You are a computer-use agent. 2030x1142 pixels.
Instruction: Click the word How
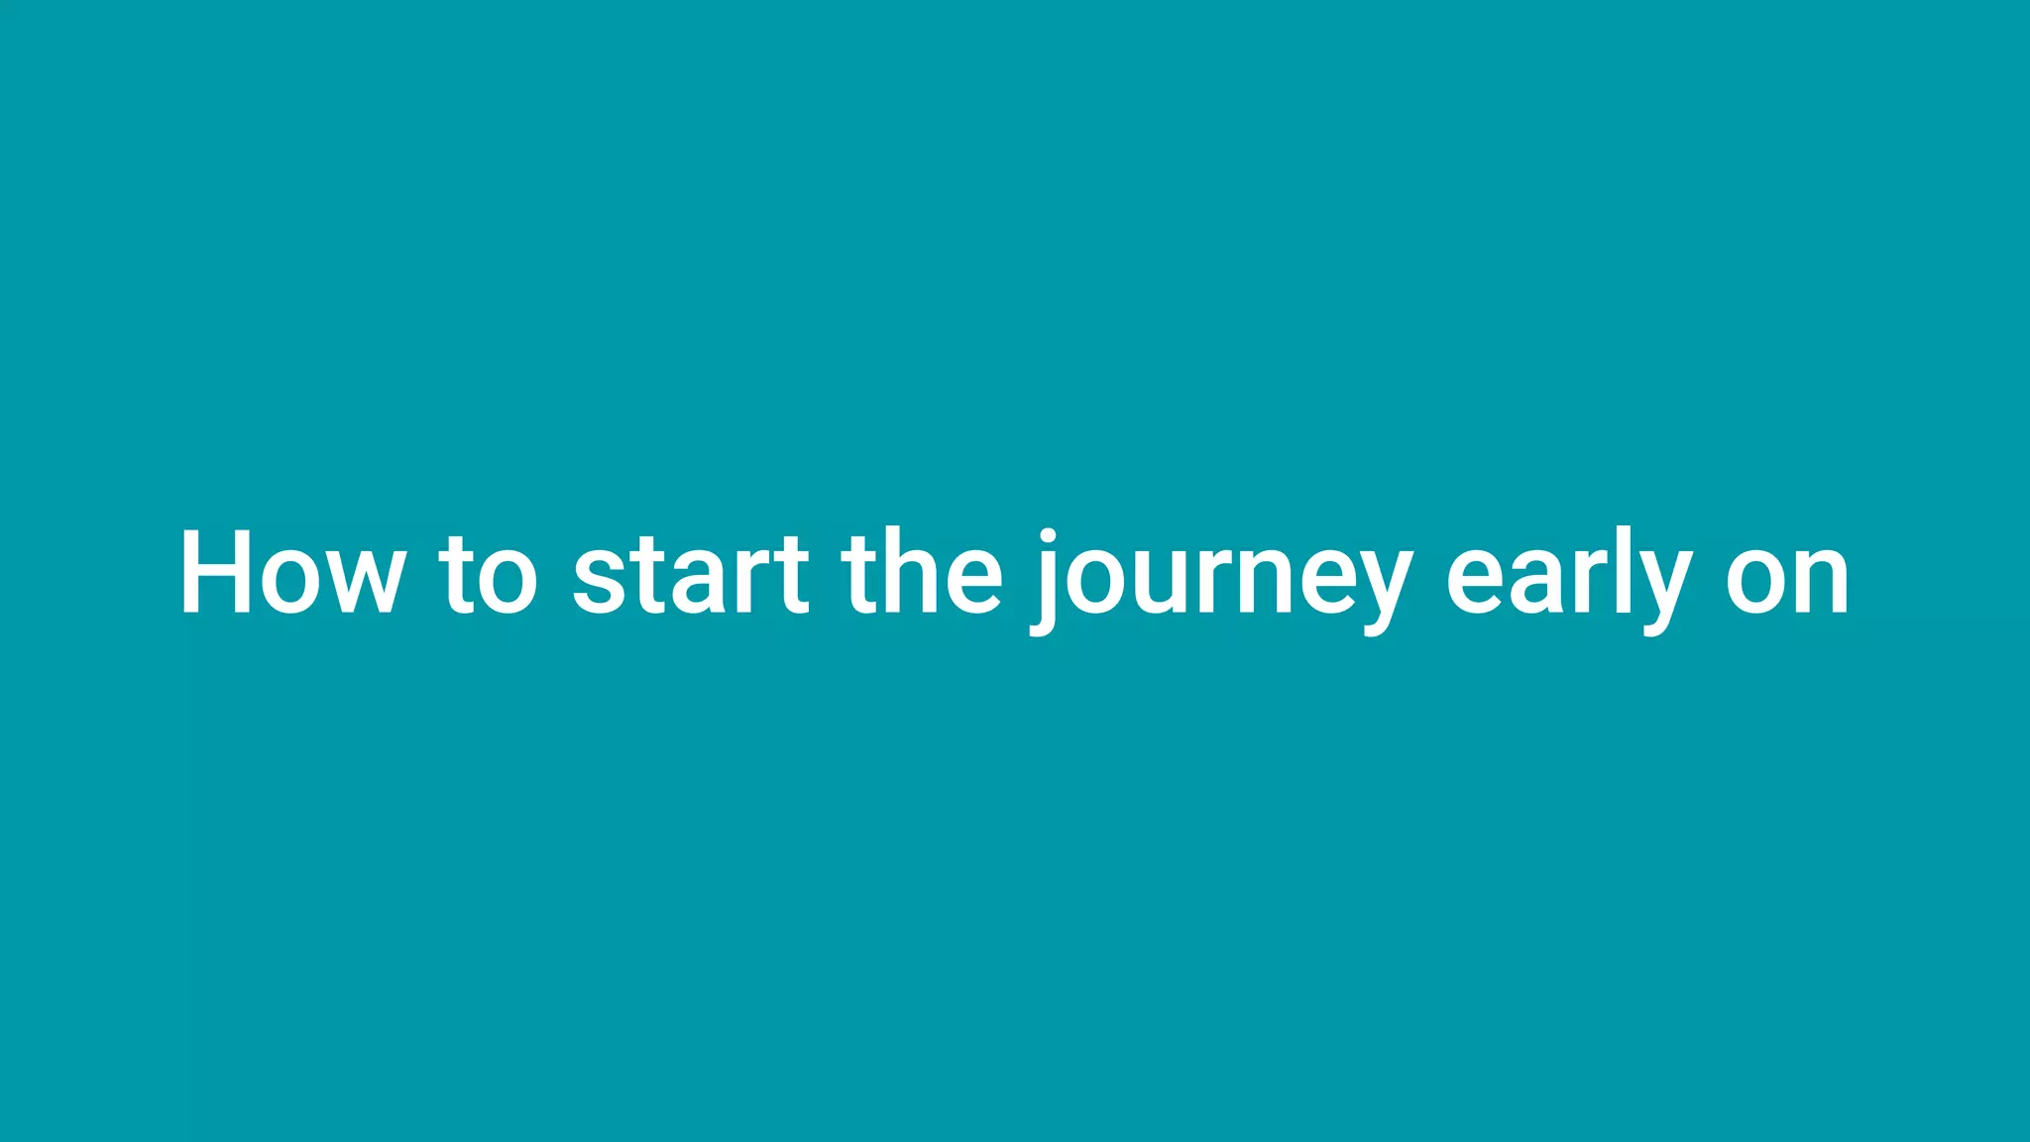tap(292, 575)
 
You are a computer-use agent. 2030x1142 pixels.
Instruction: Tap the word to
tap(489, 575)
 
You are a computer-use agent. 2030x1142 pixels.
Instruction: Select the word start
tap(691, 575)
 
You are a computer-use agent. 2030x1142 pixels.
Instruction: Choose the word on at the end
tap(1787, 580)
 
